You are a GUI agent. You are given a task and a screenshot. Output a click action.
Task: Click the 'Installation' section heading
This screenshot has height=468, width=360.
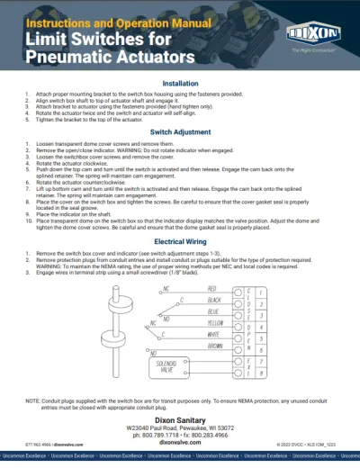[x=180, y=83]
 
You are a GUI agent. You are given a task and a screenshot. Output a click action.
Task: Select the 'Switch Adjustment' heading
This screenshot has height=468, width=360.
[x=180, y=132]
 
